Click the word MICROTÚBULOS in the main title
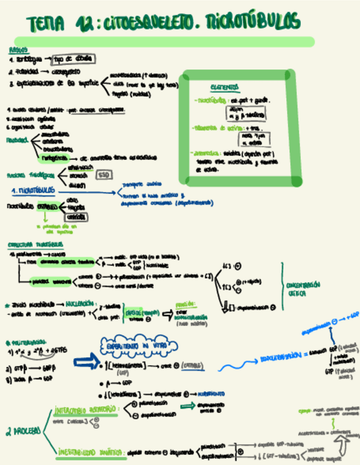[253, 22]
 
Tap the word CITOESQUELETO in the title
[143, 23]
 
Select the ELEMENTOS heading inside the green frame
[224, 87]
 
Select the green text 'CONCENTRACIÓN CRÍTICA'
[303, 288]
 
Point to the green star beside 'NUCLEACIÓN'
[7, 303]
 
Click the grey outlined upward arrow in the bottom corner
[344, 436]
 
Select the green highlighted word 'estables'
[47, 208]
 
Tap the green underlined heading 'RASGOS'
[18, 49]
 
